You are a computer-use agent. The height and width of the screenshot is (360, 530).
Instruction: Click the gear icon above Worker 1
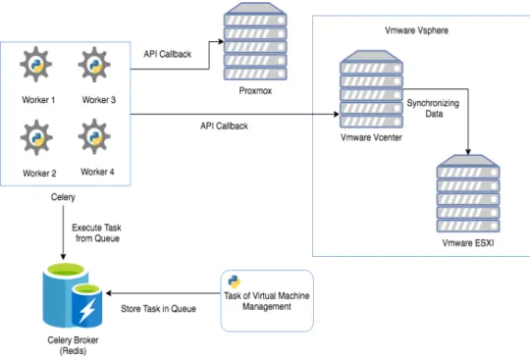click(36, 65)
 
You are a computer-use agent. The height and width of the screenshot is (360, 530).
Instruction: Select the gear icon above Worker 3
click(94, 65)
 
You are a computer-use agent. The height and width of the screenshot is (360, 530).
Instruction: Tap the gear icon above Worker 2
click(36, 137)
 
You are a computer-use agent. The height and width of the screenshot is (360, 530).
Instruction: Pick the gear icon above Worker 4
click(94, 136)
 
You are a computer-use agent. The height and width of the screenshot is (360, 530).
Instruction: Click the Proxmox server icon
click(255, 41)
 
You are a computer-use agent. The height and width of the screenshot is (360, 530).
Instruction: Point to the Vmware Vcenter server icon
click(371, 89)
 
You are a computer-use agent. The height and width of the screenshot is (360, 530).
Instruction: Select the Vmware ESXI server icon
click(468, 193)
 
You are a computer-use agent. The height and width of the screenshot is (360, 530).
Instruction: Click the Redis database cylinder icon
click(73, 295)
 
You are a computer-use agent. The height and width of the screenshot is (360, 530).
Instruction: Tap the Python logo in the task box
click(234, 282)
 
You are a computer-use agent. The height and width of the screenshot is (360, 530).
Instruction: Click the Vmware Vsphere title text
click(416, 30)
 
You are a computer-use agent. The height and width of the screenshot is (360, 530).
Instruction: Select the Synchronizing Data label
click(433, 108)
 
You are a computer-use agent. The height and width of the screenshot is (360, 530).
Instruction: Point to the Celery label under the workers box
click(63, 197)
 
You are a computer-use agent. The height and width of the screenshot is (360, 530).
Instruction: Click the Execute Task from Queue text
click(96, 232)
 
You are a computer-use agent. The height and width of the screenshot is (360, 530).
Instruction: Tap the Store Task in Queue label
click(158, 309)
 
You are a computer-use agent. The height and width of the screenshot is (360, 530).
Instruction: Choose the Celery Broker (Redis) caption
click(73, 345)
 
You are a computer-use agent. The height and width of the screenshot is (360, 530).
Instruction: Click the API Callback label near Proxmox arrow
click(167, 54)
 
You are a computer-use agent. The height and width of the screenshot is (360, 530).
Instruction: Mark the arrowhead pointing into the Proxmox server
click(221, 41)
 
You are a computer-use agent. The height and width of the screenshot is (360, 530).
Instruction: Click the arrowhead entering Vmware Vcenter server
click(337, 114)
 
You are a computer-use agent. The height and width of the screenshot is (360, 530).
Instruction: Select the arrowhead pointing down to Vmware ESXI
click(468, 152)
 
